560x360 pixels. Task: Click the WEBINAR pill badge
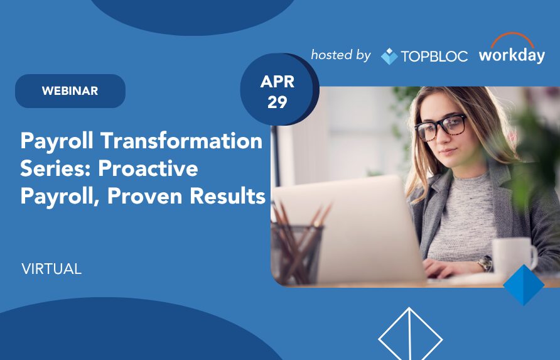(x=70, y=91)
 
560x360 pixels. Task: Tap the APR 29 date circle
(x=278, y=89)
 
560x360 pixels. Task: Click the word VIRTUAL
(x=51, y=269)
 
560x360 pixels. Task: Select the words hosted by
(x=341, y=55)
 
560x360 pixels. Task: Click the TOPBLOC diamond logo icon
(x=389, y=56)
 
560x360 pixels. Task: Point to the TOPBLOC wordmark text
(x=434, y=56)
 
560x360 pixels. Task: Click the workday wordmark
(x=512, y=55)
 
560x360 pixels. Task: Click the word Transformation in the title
(x=181, y=141)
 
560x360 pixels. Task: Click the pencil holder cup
(x=296, y=253)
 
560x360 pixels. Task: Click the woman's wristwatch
(x=485, y=263)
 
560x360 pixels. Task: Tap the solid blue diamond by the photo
(x=524, y=285)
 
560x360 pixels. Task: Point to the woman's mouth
(x=448, y=152)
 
